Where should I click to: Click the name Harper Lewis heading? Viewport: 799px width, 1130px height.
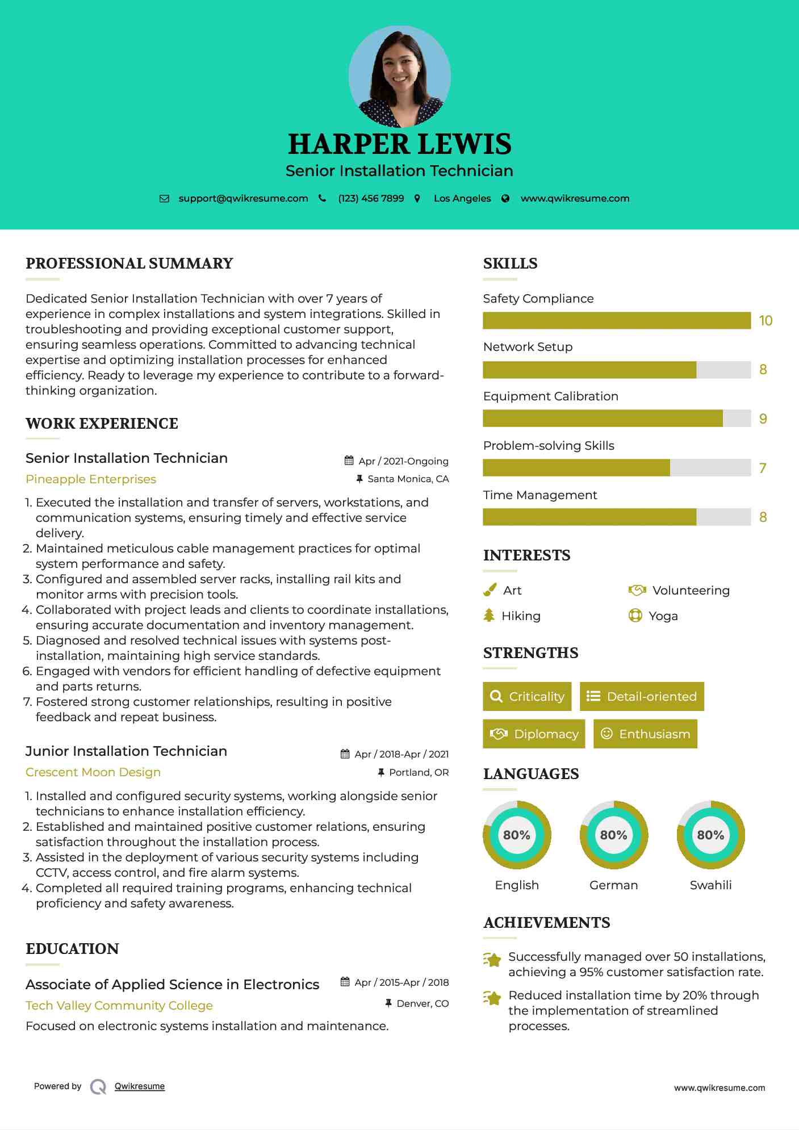coord(399,144)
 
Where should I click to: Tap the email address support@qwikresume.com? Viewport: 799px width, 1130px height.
coord(243,199)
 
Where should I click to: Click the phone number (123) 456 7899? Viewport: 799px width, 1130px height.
coord(371,199)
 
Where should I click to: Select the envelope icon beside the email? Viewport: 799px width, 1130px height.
coord(164,199)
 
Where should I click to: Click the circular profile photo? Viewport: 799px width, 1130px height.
coord(399,76)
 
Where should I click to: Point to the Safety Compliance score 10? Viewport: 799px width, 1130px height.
coord(765,321)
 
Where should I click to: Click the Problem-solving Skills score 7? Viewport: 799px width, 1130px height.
coord(763,468)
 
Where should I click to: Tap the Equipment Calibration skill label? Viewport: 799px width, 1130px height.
coord(550,396)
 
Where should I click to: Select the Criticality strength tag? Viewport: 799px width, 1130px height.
coord(527,697)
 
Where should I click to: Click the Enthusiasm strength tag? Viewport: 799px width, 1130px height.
coord(645,734)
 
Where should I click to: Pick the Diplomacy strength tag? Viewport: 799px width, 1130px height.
coord(534,734)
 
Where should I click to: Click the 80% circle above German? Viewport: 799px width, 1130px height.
coord(613,835)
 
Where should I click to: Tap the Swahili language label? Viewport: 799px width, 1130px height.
coord(710,885)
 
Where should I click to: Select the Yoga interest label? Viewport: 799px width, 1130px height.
coord(663,616)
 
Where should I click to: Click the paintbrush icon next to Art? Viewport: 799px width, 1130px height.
coord(490,591)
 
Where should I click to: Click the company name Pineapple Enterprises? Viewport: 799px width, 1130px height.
coord(91,479)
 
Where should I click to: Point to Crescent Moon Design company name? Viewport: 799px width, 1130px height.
coord(93,772)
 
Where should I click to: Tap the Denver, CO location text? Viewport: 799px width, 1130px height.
coord(422,1004)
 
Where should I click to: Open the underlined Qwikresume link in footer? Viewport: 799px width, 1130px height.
coord(140,1086)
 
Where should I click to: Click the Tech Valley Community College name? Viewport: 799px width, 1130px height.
coord(119,1006)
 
